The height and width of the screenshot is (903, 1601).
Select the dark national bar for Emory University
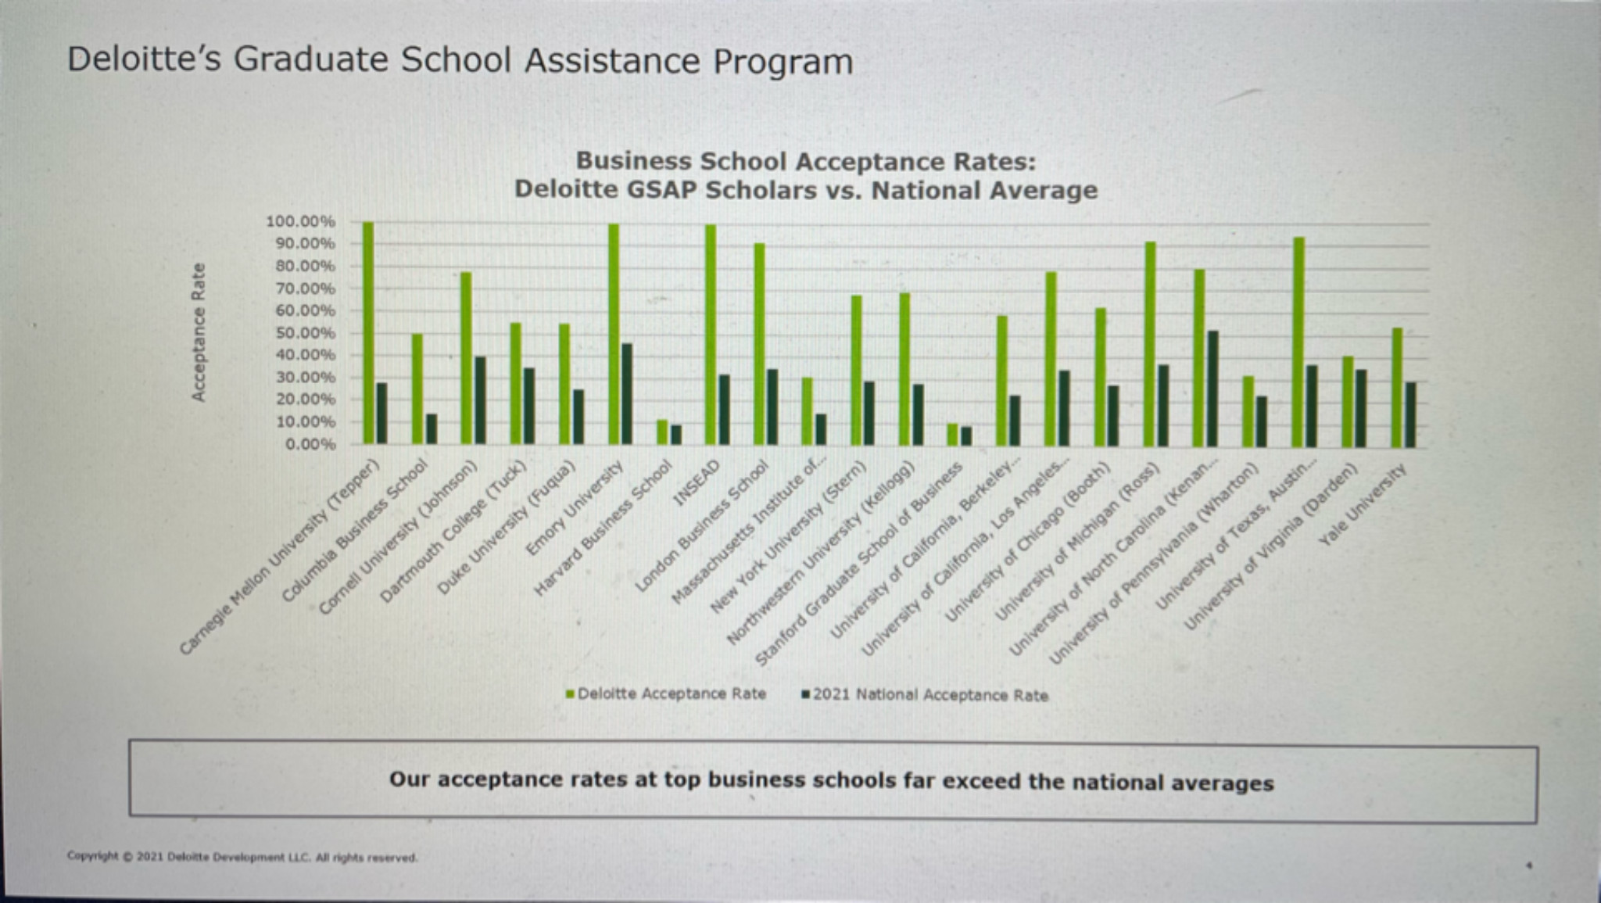627,394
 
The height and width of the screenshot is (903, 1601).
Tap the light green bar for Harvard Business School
662,432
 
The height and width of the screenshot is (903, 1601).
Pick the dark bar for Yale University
1410,414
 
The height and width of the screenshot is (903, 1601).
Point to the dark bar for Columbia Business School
431,429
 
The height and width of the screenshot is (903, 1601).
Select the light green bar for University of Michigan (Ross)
1150,344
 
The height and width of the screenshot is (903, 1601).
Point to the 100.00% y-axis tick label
300,221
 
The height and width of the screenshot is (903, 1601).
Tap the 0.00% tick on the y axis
310,444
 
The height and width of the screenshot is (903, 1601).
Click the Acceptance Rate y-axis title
199,332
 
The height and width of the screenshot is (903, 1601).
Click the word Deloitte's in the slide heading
145,60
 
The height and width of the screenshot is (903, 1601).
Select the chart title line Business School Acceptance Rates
805,161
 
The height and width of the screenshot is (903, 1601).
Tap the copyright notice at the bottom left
242,858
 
